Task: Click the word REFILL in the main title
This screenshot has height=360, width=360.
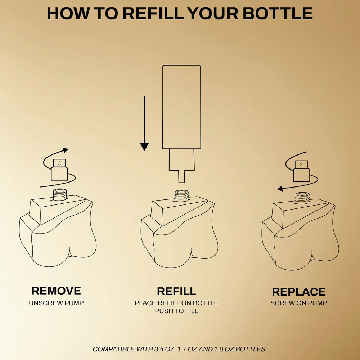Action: [154, 14]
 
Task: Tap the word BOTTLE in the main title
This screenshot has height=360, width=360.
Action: [278, 14]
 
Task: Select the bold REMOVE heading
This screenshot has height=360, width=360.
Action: [56, 291]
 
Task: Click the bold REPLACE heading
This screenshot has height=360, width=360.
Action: [299, 292]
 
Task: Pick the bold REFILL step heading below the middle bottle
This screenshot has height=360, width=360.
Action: [176, 291]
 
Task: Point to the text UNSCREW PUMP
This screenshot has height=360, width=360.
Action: [56, 303]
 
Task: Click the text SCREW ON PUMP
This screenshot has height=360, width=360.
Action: [299, 303]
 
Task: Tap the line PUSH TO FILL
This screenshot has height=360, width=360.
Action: [176, 311]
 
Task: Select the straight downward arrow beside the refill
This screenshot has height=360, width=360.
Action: [144, 123]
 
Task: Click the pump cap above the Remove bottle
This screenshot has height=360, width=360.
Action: [59, 170]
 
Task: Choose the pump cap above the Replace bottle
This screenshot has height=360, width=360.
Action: [301, 171]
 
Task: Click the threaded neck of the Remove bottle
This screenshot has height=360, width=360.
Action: [60, 195]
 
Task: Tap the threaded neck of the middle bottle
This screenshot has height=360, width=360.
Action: [181, 196]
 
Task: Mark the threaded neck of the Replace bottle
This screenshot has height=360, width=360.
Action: [302, 198]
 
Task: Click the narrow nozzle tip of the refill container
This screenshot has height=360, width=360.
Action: [181, 176]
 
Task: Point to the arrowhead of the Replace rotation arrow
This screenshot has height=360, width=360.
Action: [280, 189]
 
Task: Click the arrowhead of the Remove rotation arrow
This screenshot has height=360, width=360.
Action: [66, 150]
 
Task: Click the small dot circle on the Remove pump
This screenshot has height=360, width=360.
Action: [59, 163]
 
